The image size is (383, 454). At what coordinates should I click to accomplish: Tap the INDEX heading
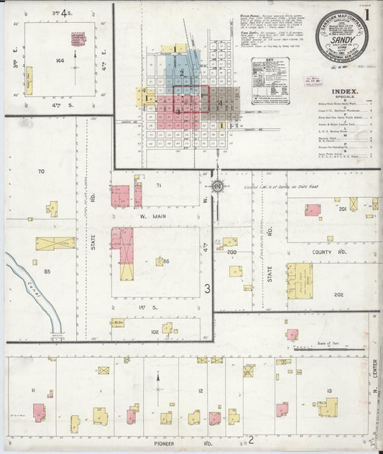tap(346, 92)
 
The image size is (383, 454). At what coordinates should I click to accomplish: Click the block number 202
tap(339, 294)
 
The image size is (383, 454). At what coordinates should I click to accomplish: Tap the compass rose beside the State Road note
tap(218, 187)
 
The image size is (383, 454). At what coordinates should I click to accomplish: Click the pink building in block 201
tap(312, 210)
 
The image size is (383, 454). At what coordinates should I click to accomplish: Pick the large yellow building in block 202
tap(300, 281)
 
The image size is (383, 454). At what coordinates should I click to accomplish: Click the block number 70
tap(41, 171)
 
